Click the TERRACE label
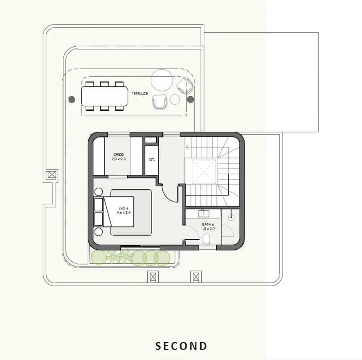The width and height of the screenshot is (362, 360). (x=140, y=94)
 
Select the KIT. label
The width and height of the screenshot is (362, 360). (x=152, y=159)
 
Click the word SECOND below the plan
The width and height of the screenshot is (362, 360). (x=181, y=346)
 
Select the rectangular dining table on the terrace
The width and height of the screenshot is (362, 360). (x=104, y=96)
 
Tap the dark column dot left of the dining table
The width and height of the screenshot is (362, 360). (x=72, y=99)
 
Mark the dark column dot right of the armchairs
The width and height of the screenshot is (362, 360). (x=190, y=99)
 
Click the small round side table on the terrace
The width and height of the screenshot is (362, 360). (x=175, y=99)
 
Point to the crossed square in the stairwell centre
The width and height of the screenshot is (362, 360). (x=201, y=171)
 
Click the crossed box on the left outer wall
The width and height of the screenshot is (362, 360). (x=52, y=176)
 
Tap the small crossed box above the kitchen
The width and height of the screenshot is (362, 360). (x=151, y=140)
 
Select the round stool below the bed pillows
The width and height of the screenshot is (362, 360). (x=98, y=231)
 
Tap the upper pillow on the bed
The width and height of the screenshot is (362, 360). (x=99, y=205)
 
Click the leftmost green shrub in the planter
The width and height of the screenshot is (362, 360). (x=98, y=257)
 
